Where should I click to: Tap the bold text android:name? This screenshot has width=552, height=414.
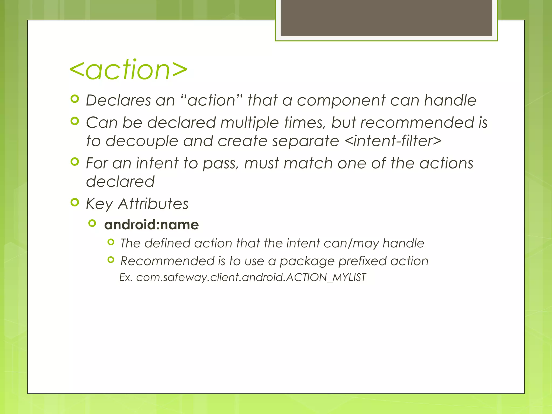[x=151, y=225]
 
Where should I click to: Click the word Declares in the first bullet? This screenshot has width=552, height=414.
[x=118, y=100]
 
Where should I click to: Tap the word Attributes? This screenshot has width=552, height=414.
[x=153, y=204]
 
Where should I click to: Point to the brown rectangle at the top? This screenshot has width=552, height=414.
[x=386, y=18]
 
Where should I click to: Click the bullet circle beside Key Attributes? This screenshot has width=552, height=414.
[x=75, y=202]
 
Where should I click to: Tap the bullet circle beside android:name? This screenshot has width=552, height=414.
[x=92, y=223]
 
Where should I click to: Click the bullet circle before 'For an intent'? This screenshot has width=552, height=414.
[x=75, y=162]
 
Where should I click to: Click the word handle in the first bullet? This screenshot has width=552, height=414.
[x=450, y=100]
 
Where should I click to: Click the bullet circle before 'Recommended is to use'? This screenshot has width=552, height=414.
[x=111, y=260]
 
